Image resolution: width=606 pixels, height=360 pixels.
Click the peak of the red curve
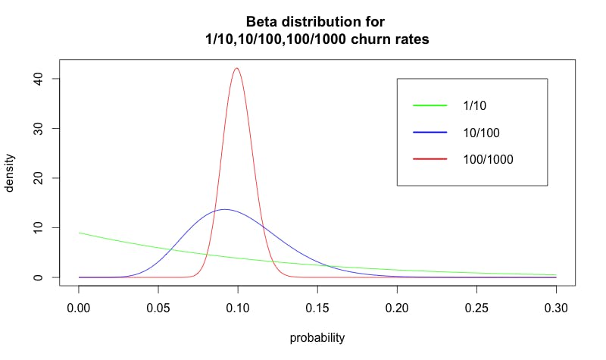pyautogui.click(x=237, y=68)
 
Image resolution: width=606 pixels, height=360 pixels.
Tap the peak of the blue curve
pyautogui.click(x=224, y=209)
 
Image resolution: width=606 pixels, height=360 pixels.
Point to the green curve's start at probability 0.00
pyautogui.click(x=79, y=233)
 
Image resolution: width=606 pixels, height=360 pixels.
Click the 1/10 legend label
pyautogui.click(x=473, y=105)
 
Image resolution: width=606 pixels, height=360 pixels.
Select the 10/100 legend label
pyautogui.click(x=481, y=133)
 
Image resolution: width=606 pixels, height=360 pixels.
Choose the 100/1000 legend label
pyautogui.click(x=489, y=160)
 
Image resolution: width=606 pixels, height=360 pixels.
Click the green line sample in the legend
pyautogui.click(x=430, y=105)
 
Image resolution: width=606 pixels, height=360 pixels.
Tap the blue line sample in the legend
pyautogui.click(x=430, y=133)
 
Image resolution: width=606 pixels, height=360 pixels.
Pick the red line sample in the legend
pyautogui.click(x=430, y=160)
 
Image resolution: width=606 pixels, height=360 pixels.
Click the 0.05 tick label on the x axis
pyautogui.click(x=158, y=308)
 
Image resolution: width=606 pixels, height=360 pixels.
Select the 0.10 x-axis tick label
pyautogui.click(x=237, y=308)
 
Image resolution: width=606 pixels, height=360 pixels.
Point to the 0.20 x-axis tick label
pyautogui.click(x=396, y=308)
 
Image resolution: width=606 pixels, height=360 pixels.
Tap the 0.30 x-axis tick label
pyautogui.click(x=555, y=308)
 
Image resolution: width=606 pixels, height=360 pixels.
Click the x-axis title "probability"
pyautogui.click(x=317, y=338)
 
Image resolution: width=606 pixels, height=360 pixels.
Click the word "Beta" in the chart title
pyautogui.click(x=262, y=21)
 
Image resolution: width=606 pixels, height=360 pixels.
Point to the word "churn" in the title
pyautogui.click(x=361, y=39)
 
